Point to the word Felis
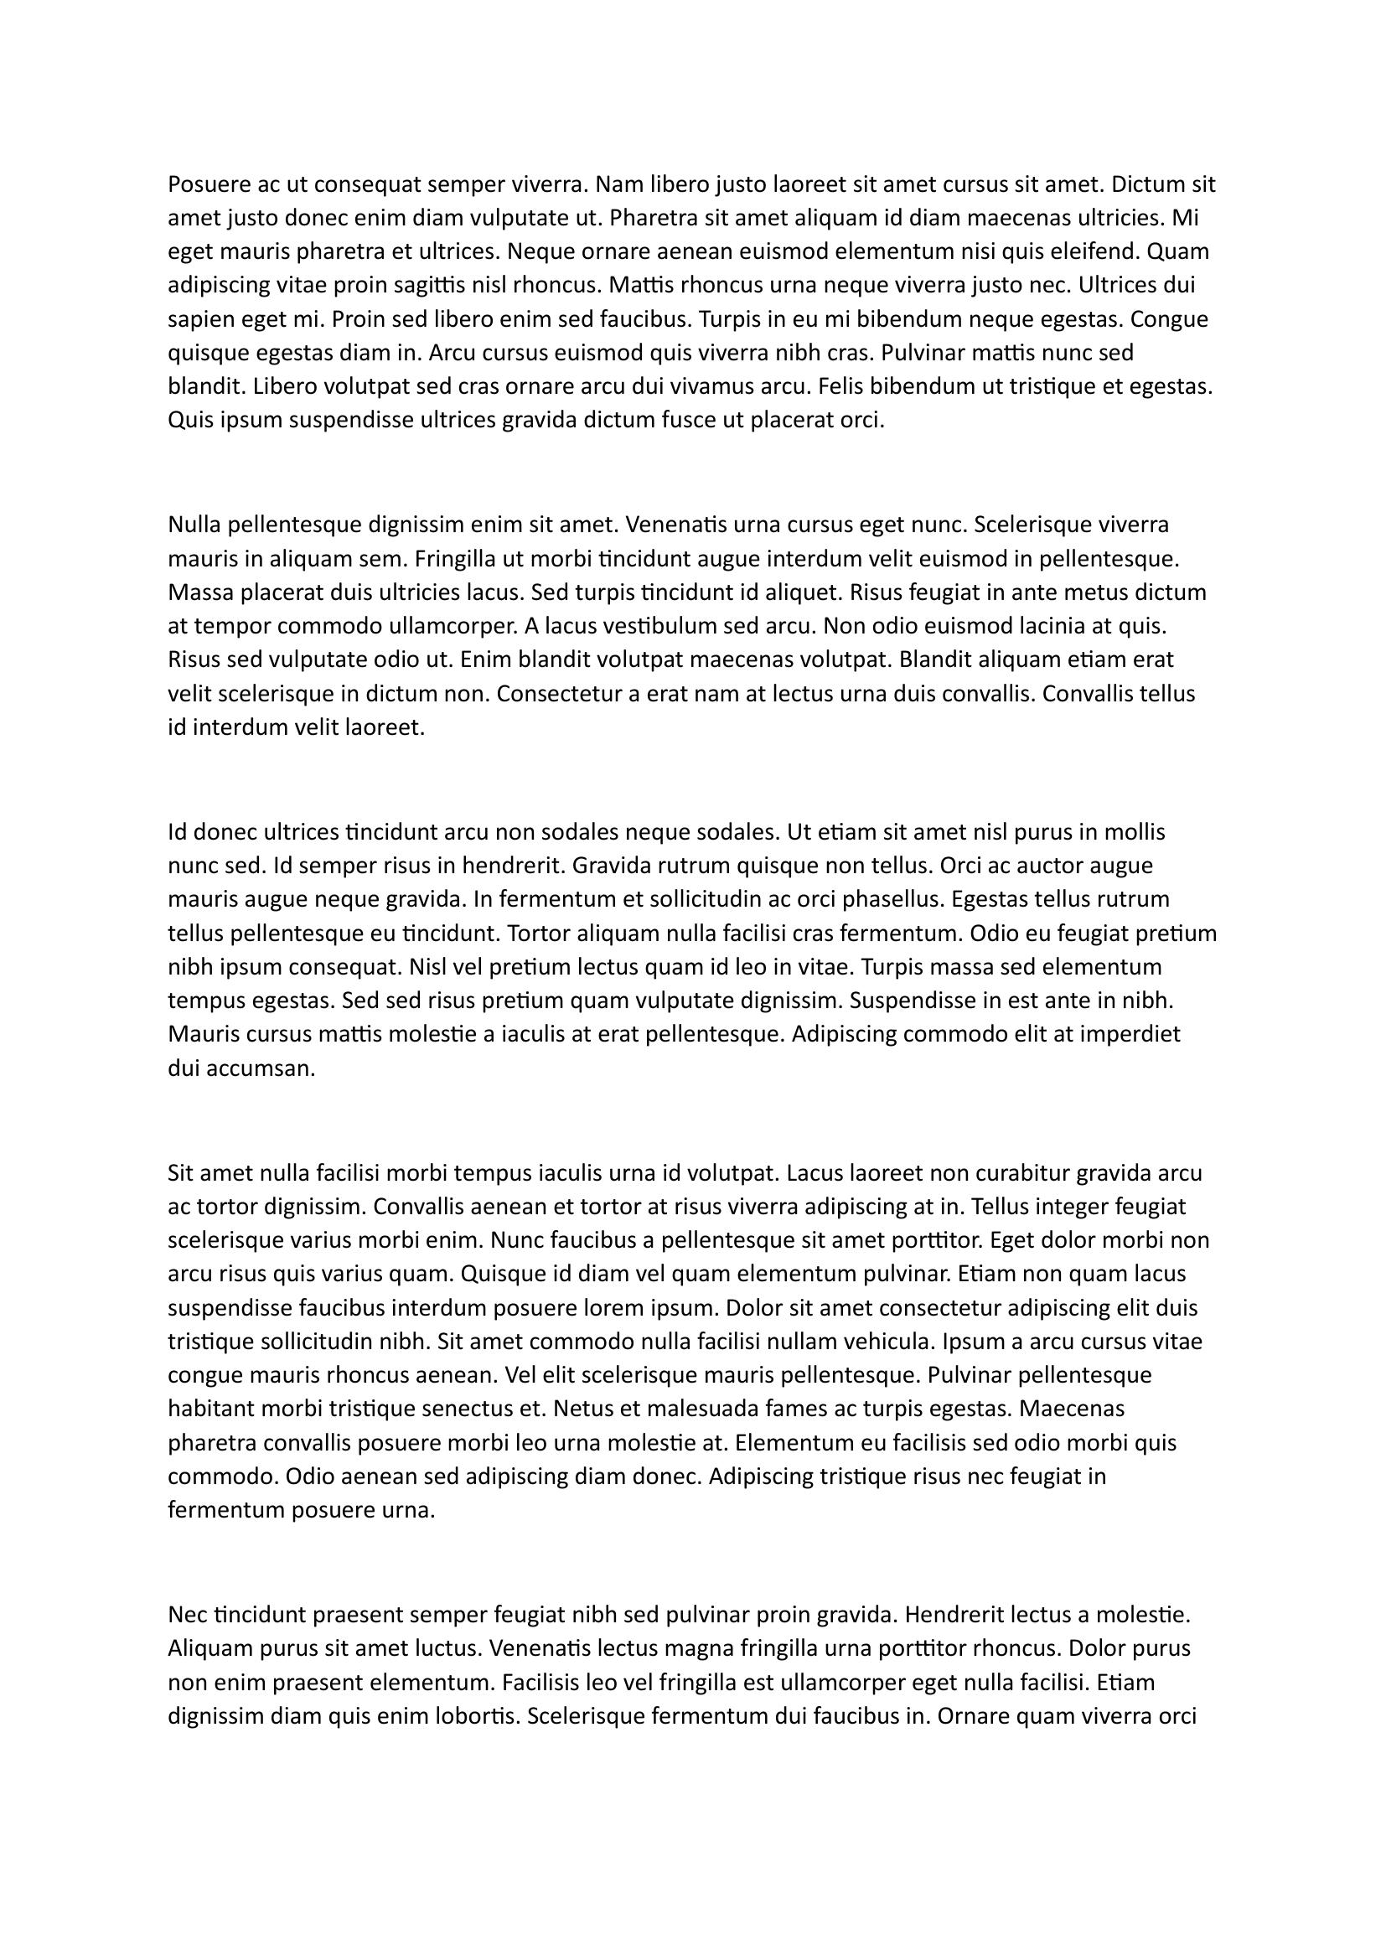pos(841,386)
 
